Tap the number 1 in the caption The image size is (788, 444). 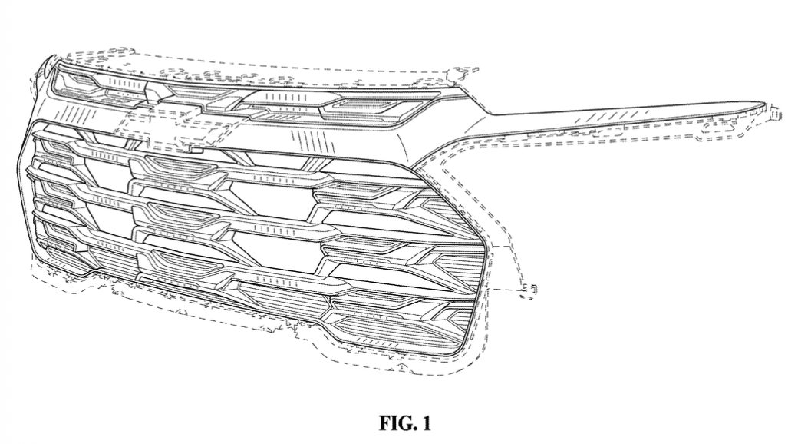click(x=426, y=422)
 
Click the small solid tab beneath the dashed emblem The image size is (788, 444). click(x=196, y=149)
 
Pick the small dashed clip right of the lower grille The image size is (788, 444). click(x=528, y=290)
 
